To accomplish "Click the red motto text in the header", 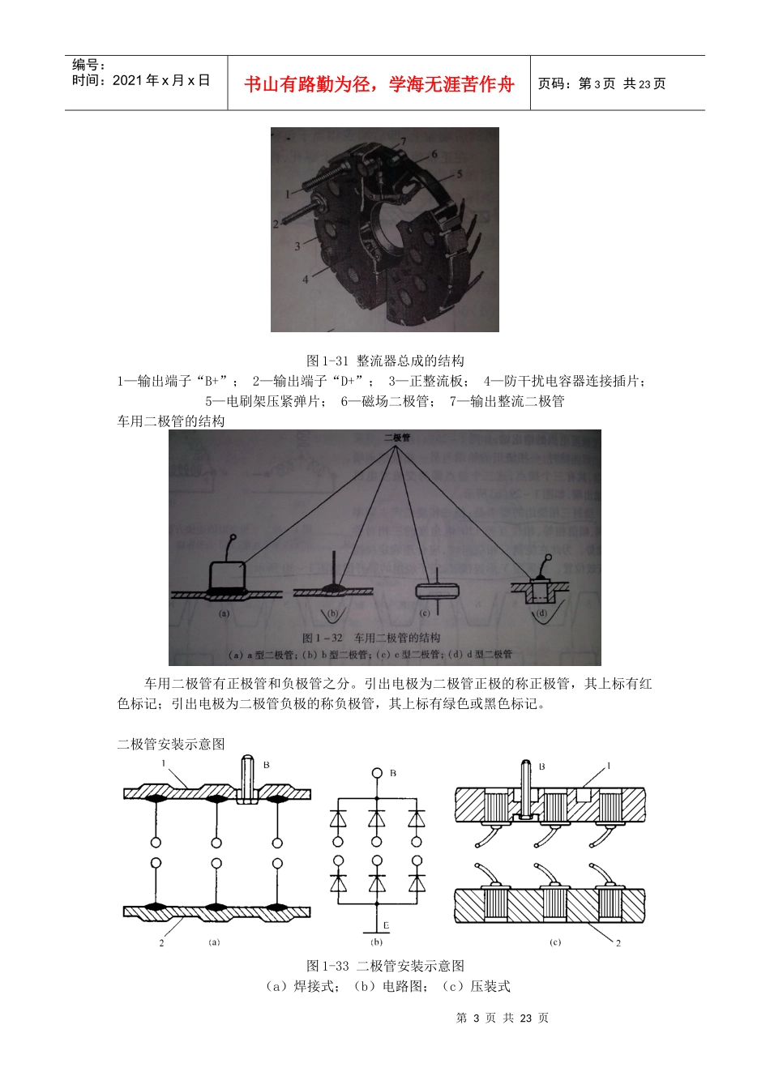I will [x=379, y=84].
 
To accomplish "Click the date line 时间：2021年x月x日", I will [x=140, y=80].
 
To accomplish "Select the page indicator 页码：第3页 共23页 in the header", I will [x=601, y=83].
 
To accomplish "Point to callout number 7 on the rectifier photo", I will [x=403, y=143].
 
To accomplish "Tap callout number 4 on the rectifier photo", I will [x=306, y=279].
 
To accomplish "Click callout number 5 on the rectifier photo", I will [x=459, y=174].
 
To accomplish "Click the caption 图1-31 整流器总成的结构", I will [x=385, y=361].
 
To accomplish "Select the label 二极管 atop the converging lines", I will [x=397, y=438].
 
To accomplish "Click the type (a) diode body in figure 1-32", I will [x=227, y=577].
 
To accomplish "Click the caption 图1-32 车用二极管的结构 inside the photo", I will [x=371, y=638].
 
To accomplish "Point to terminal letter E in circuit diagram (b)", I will [x=386, y=925].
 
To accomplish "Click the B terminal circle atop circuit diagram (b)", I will [x=377, y=773].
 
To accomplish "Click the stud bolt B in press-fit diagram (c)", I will [x=525, y=786].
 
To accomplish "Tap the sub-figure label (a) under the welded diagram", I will [x=214, y=942].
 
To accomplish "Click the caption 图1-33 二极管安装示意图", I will [x=385, y=966].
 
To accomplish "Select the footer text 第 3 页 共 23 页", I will [x=502, y=1018].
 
